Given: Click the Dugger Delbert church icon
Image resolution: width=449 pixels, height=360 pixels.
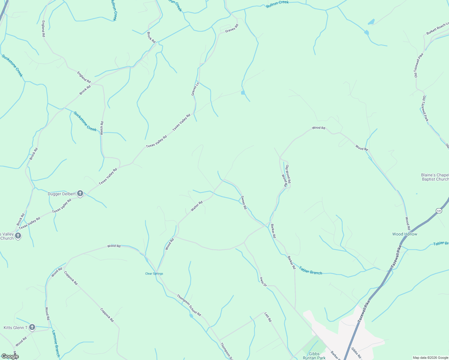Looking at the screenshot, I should [80, 193].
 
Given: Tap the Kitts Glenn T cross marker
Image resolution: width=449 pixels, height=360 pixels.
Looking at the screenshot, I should [32, 327].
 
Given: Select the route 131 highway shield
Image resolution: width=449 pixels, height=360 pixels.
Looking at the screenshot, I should [439, 211].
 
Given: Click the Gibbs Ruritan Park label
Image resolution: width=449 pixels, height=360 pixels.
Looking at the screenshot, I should [314, 356].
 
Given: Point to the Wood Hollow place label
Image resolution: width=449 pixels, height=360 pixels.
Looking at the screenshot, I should [405, 234].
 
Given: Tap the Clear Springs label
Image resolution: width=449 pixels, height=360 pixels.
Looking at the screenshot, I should [154, 274].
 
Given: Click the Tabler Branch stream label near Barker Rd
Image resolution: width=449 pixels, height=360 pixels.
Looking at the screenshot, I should [310, 271].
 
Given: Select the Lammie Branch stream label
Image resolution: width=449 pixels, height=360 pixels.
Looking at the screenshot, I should [56, 343].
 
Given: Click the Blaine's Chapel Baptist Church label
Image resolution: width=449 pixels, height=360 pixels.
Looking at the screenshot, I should [435, 177].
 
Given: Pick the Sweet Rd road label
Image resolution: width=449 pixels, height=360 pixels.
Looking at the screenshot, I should [244, 202].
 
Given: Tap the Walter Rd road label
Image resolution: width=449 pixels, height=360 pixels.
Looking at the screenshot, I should [197, 206].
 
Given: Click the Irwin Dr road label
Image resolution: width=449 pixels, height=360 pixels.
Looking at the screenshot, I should [263, 281].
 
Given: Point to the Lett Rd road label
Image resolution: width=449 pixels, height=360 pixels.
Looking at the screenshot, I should [268, 317].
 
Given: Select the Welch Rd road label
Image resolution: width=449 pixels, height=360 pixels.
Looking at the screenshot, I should [102, 128].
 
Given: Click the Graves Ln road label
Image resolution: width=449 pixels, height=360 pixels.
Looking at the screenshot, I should [195, 89].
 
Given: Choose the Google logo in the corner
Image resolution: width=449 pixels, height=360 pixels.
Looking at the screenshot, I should [10, 356].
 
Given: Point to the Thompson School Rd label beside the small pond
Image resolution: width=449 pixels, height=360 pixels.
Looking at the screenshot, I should [189, 305].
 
